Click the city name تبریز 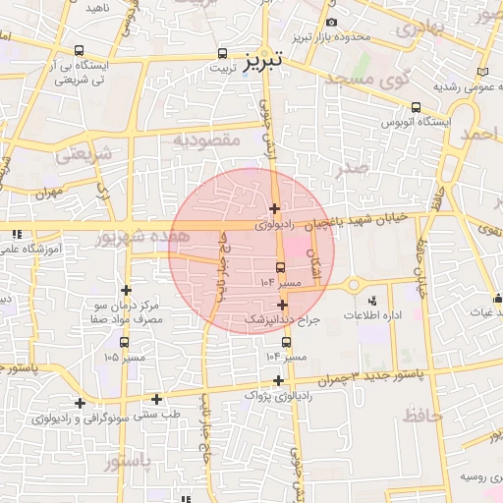click(261, 60)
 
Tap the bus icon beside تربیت click(223, 55)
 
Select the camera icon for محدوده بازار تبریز click(331, 23)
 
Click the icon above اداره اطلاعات click(371, 301)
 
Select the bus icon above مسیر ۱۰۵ click(124, 342)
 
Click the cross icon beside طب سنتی click(157, 399)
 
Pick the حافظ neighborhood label click(423, 416)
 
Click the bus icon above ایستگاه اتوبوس click(417, 108)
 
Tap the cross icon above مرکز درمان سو click(126, 290)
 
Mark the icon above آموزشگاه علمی click(17, 235)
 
